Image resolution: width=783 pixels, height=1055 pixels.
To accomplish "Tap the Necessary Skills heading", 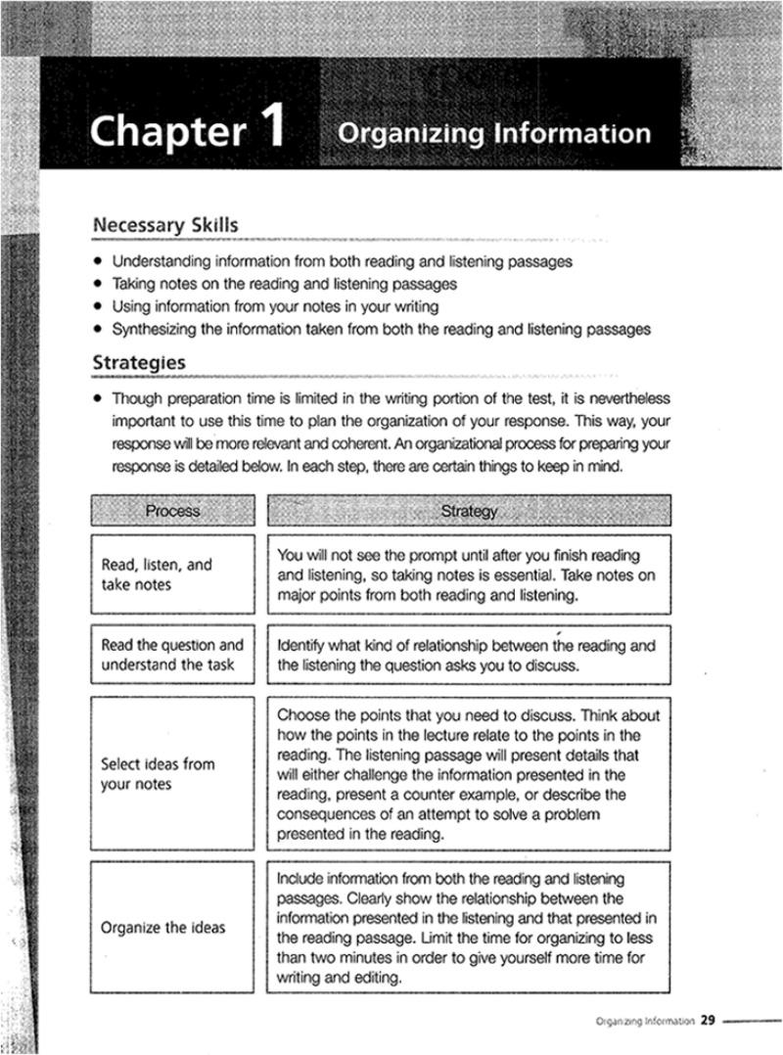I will [x=164, y=225].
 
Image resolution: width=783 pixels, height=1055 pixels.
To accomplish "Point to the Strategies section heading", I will [x=139, y=362].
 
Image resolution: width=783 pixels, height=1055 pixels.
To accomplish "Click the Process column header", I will [x=172, y=510].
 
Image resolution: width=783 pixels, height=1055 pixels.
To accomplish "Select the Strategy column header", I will [x=469, y=510].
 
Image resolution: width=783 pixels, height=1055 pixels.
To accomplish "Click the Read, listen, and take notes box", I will [x=172, y=574].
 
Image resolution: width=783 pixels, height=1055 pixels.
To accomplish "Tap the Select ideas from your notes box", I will [x=172, y=773].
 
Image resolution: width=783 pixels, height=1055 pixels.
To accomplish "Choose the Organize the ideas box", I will [x=172, y=927].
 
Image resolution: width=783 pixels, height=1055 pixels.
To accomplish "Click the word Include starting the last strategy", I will [x=302, y=879].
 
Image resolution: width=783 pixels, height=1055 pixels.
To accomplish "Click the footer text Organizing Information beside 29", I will [x=644, y=1020].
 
